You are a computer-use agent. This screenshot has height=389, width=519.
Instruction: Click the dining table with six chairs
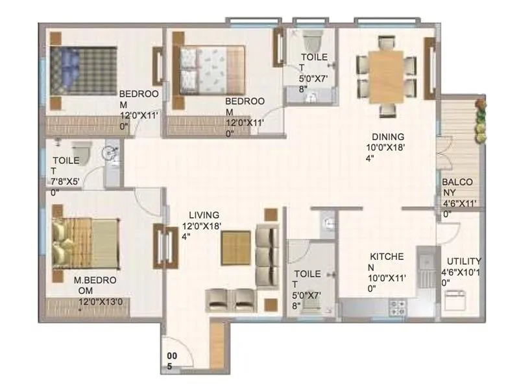coord(386,77)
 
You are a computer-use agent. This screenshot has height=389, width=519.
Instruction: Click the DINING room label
coord(387,137)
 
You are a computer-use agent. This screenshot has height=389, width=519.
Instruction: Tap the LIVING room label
coord(204,215)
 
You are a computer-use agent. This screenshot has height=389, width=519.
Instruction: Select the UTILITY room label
coord(462,261)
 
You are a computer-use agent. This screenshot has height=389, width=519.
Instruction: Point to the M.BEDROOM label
coord(95,281)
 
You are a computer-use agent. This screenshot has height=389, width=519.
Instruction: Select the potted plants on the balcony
coord(480,120)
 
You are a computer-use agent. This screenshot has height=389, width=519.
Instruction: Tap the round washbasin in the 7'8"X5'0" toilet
coord(110,154)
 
